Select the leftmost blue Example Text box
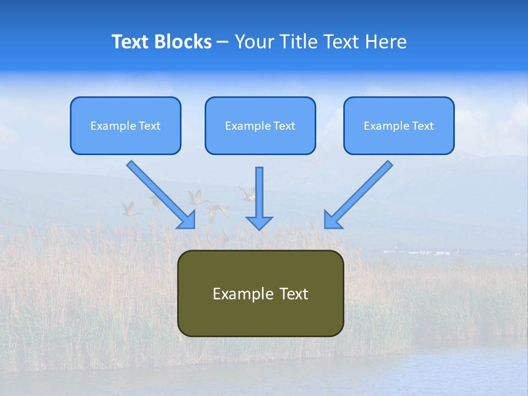[x=125, y=126]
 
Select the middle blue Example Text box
[x=260, y=126]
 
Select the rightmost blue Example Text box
[x=399, y=126]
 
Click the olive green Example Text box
[x=260, y=294]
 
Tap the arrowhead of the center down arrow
[x=259, y=223]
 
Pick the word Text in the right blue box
[x=422, y=126]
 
